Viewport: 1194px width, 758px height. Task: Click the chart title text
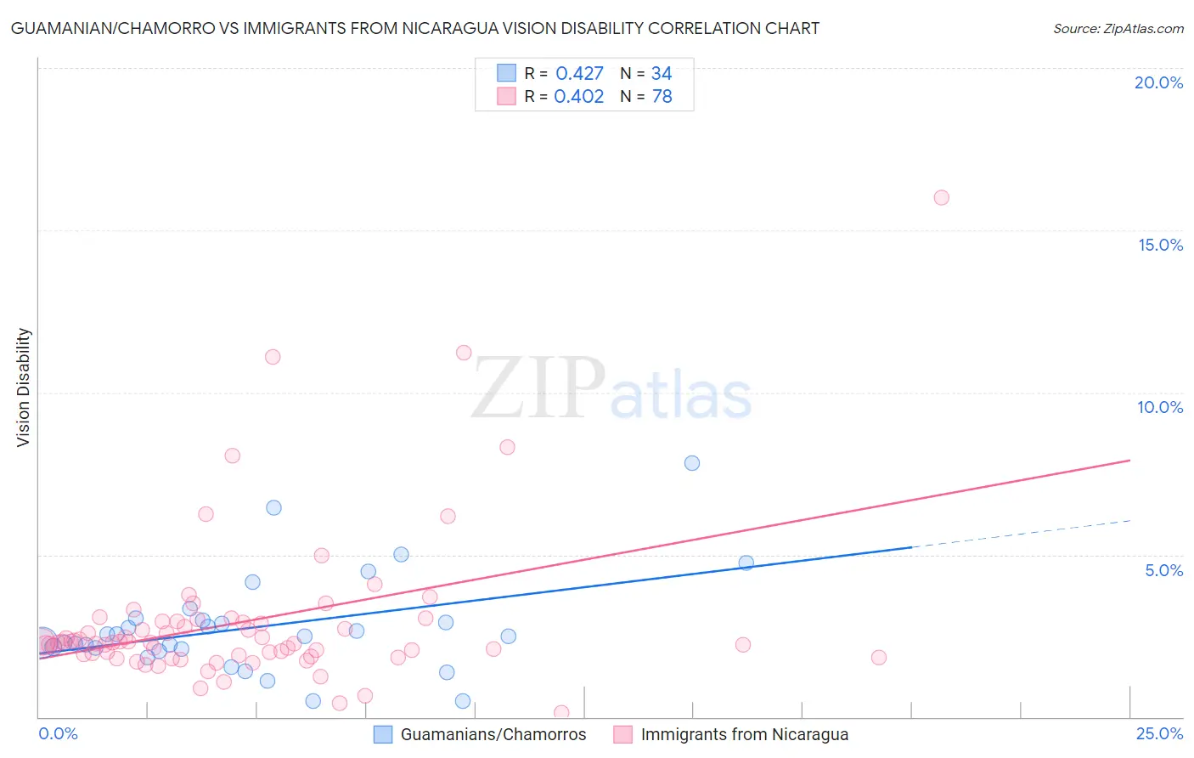[x=415, y=28]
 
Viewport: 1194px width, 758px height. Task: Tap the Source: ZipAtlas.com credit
[x=1118, y=28]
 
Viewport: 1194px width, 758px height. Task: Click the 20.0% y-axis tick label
[x=1158, y=82]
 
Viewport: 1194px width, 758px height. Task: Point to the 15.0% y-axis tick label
[x=1160, y=245]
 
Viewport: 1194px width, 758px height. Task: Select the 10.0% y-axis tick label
[x=1160, y=407]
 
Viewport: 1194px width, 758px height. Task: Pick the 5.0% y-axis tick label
[x=1163, y=570]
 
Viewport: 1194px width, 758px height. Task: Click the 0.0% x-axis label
[x=58, y=733]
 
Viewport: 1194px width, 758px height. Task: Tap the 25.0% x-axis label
[x=1159, y=733]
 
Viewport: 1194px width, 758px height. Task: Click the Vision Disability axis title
[x=24, y=387]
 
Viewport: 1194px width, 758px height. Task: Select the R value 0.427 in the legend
[x=579, y=74]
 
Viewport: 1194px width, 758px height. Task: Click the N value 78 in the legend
[x=662, y=97]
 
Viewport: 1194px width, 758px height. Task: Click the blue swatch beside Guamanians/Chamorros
[x=383, y=734]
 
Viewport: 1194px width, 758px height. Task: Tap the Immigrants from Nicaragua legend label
[x=744, y=734]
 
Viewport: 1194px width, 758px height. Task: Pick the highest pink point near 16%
[x=941, y=198]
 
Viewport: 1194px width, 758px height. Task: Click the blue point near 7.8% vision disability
[x=692, y=463]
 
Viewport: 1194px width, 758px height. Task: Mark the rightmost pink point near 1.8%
[x=879, y=658]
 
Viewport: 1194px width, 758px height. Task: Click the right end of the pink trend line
[x=1129, y=460]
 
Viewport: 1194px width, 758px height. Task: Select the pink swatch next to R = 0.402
[x=507, y=97]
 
